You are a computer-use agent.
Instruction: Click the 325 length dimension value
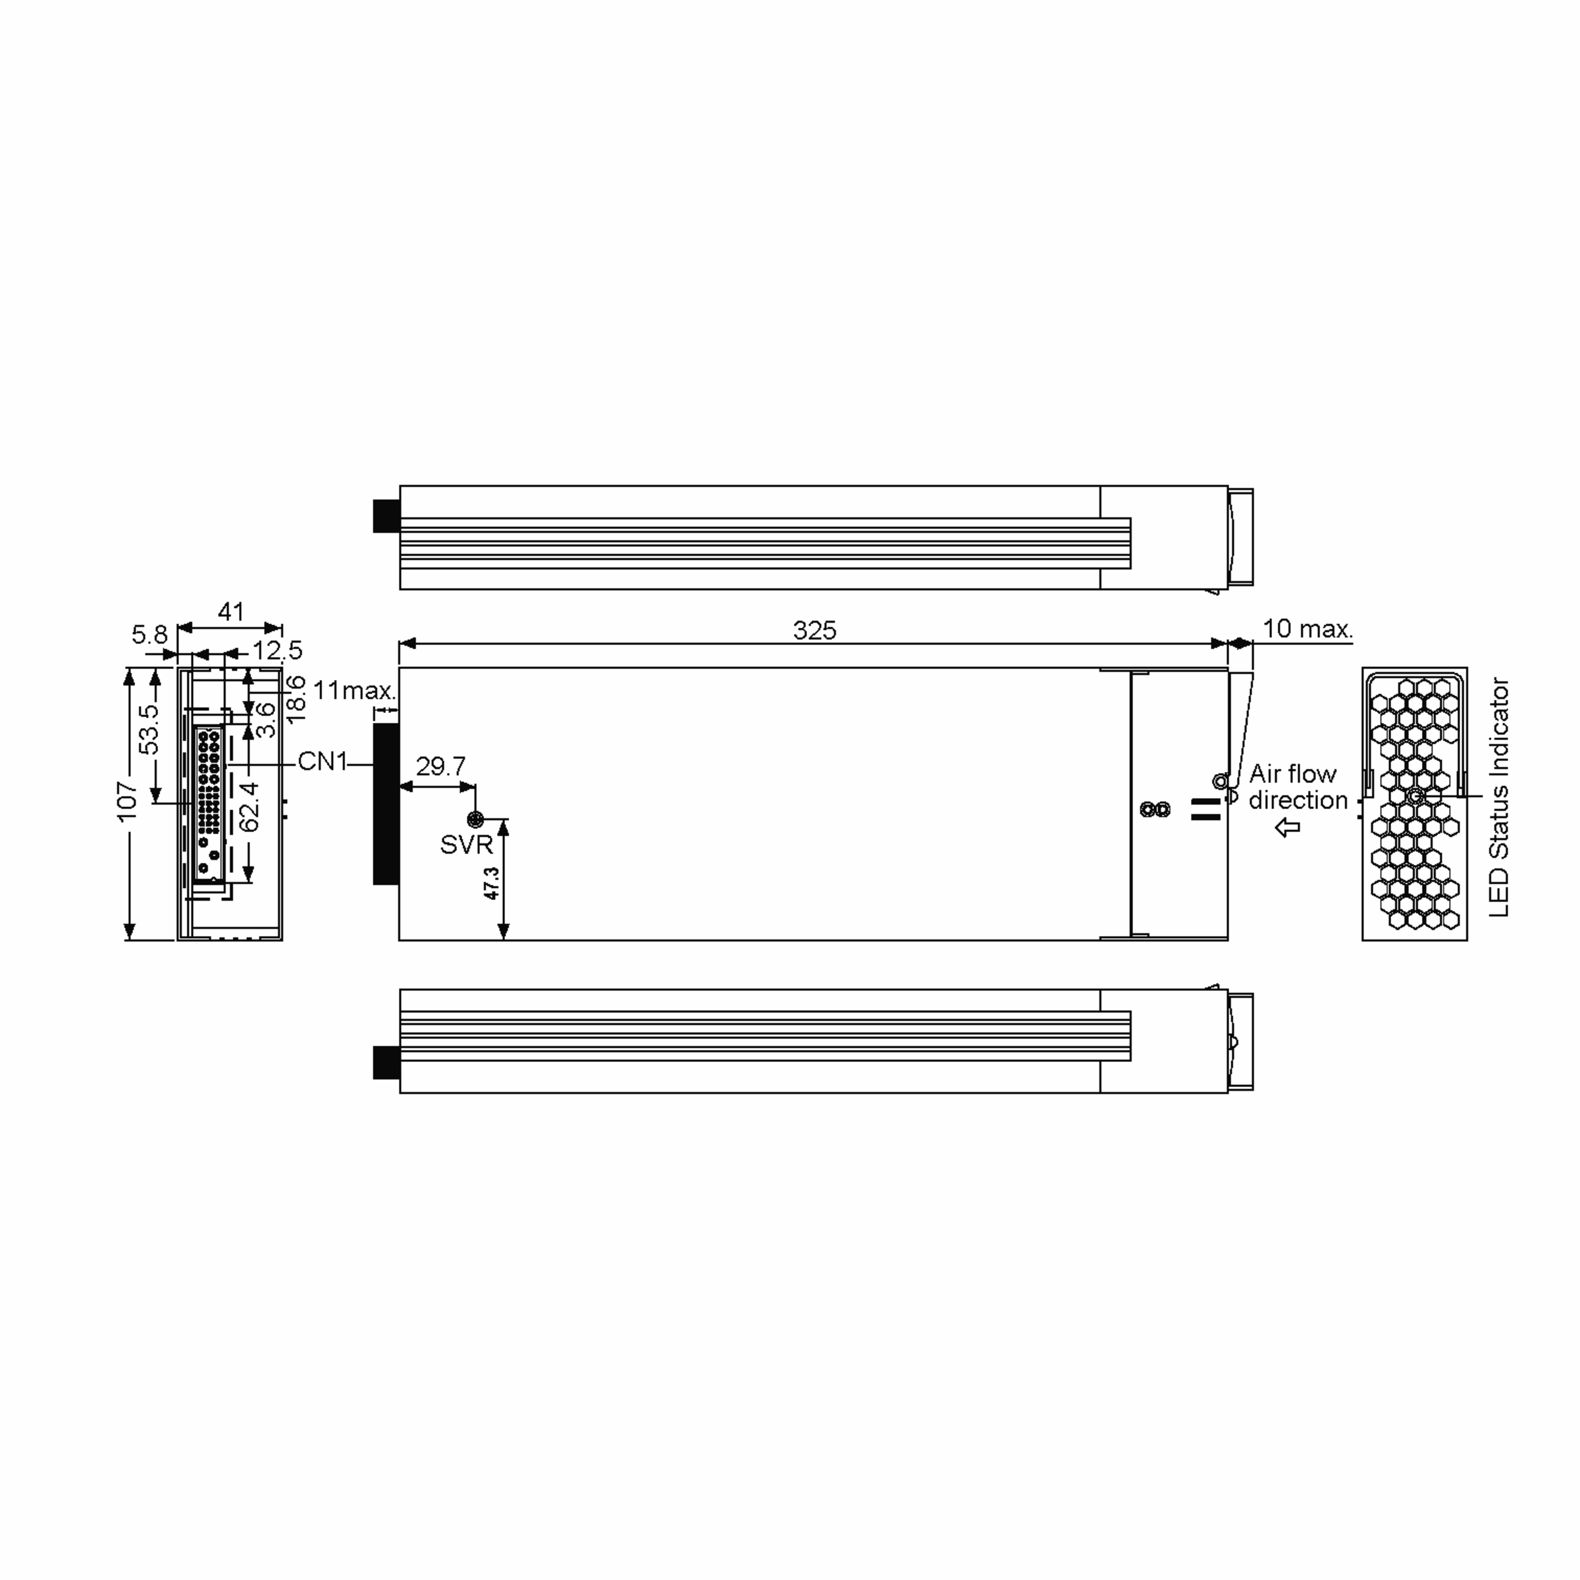pos(814,631)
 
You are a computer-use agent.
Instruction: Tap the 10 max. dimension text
pos(1307,629)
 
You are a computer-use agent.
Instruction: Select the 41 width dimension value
pos(230,611)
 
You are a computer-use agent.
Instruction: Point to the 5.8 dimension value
pos(149,635)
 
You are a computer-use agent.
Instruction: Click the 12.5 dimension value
pos(277,651)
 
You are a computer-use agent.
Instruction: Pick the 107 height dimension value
pos(128,801)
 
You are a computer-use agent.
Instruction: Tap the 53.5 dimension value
pos(149,729)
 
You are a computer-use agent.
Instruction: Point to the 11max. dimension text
pos(354,690)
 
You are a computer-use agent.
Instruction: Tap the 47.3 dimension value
pos(492,883)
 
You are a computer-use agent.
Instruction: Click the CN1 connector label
pos(322,762)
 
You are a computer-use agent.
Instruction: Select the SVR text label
pos(466,845)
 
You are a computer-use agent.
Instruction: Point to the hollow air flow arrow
pos(1288,828)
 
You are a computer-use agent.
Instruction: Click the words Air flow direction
pos(1297,787)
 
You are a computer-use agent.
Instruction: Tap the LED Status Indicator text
pos(1498,797)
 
